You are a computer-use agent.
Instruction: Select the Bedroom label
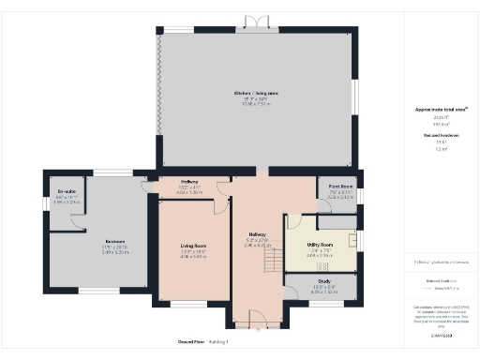click(114, 241)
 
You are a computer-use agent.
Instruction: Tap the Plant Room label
click(339, 188)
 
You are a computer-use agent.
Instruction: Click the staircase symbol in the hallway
click(273, 255)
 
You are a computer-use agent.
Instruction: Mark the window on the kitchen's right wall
click(356, 97)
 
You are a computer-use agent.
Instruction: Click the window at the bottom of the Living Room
click(188, 304)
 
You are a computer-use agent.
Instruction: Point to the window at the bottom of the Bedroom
click(98, 291)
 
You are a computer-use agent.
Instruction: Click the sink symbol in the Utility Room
click(352, 240)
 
